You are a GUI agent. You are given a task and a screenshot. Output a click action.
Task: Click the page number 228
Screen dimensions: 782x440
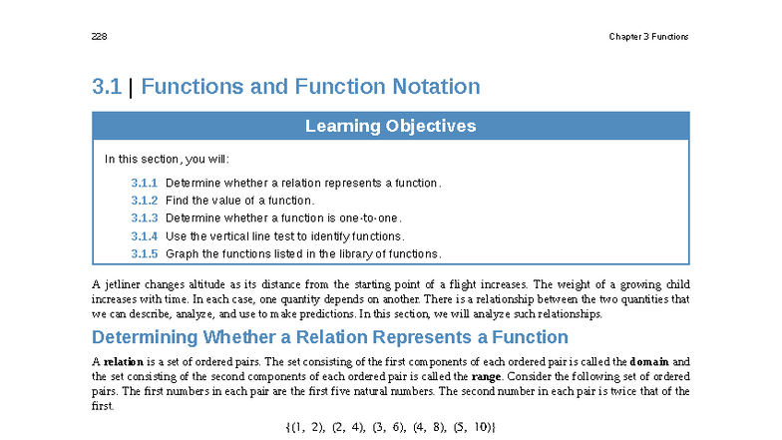[100, 36]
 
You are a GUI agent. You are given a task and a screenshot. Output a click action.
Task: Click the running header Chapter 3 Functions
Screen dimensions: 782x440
[648, 36]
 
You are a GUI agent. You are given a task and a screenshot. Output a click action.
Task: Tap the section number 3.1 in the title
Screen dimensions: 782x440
[107, 86]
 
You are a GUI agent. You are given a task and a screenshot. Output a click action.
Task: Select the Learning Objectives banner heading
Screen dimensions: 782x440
[391, 126]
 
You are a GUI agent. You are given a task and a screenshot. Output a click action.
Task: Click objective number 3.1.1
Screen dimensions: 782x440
[144, 184]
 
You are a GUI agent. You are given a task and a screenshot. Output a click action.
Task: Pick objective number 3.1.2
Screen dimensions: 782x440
[144, 201]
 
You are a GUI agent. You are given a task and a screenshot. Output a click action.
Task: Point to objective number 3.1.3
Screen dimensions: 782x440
[144, 218]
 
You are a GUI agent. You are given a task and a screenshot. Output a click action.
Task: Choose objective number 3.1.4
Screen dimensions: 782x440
[144, 235]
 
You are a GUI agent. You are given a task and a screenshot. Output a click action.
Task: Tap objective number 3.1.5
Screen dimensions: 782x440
[144, 253]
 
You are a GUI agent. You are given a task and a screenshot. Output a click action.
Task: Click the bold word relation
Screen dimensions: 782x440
[124, 361]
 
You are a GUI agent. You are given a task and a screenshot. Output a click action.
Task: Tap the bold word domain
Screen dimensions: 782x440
[648, 361]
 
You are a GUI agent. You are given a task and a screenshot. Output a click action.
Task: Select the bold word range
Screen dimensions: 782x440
[487, 377]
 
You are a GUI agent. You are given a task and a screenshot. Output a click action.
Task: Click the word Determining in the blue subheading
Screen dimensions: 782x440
[145, 337]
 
